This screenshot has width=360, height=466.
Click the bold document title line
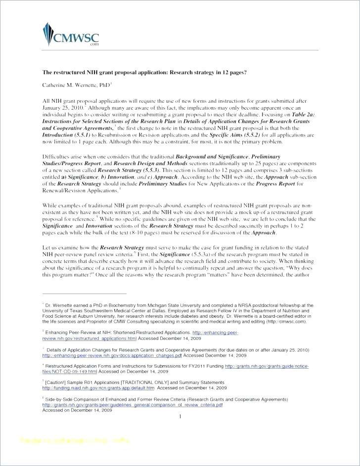pos(144,72)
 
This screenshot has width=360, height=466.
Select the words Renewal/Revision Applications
pos(72,190)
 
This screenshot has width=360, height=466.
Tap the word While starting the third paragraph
pos(50,204)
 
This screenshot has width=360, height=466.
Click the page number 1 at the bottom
pos(180,417)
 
